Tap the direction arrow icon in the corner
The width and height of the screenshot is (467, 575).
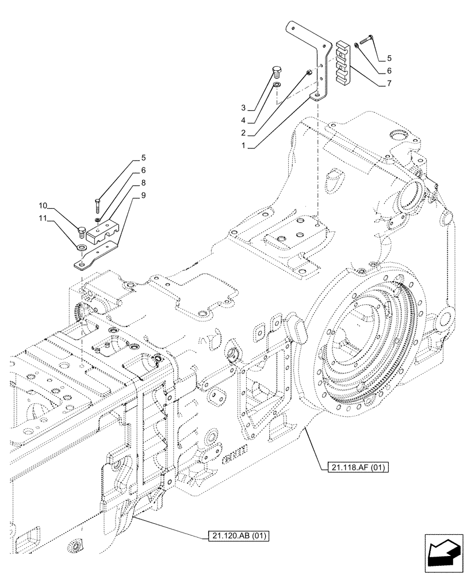pyautogui.click(x=443, y=553)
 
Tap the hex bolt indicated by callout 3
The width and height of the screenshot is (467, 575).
pyautogui.click(x=275, y=73)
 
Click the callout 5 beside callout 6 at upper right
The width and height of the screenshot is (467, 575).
pyautogui.click(x=389, y=58)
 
